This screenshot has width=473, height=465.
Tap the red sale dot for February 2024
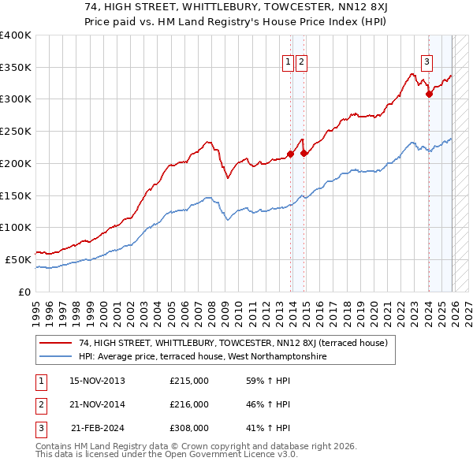pyautogui.click(x=429, y=94)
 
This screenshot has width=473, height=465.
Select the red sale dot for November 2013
pyautogui.click(x=290, y=154)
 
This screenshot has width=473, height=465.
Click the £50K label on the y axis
pyautogui.click(x=19, y=259)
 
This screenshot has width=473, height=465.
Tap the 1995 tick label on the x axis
pyautogui.click(x=35, y=308)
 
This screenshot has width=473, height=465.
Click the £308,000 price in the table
pyautogui.click(x=188, y=429)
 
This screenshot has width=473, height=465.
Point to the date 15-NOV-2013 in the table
pyautogui.click(x=97, y=381)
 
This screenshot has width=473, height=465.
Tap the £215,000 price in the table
pyautogui.click(x=188, y=381)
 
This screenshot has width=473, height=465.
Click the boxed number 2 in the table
pyautogui.click(x=40, y=405)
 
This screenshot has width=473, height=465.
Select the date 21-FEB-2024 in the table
pyautogui.click(x=98, y=429)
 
